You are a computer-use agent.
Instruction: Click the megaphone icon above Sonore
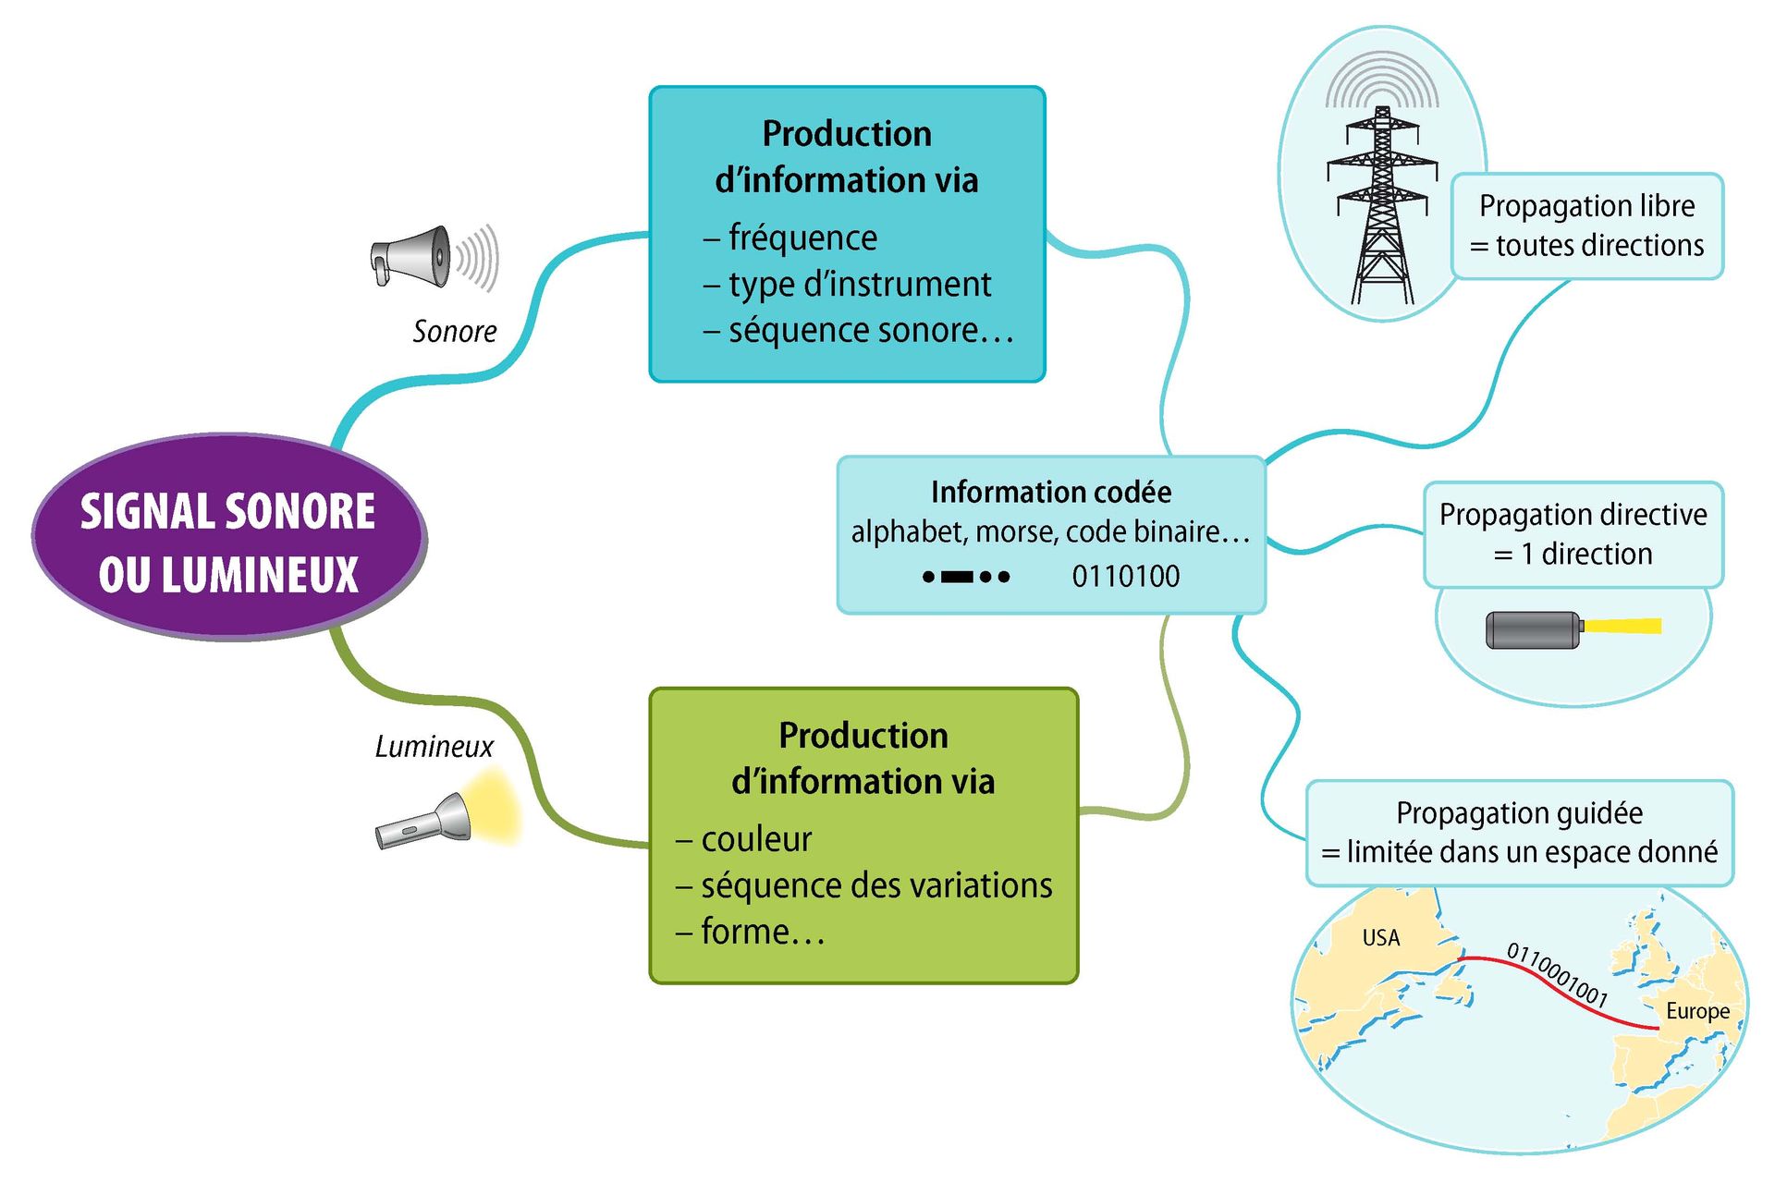pyautogui.click(x=416, y=257)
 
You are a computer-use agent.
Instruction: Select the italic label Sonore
pyautogui.click(x=454, y=331)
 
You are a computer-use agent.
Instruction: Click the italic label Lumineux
pyautogui.click(x=434, y=746)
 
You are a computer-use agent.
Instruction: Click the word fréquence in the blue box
pyautogui.click(x=802, y=238)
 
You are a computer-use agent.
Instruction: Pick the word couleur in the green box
pyautogui.click(x=755, y=839)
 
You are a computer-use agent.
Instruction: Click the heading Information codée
pyautogui.click(x=1050, y=492)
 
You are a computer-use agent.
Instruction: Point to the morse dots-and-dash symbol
pyautogui.click(x=966, y=577)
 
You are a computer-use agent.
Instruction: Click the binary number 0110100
pyautogui.click(x=1125, y=577)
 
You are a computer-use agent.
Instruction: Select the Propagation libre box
pyautogui.click(x=1586, y=226)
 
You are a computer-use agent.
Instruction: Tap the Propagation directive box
pyautogui.click(x=1573, y=534)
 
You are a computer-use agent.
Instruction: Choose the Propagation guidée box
pyautogui.click(x=1519, y=833)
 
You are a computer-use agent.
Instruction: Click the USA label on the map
pyautogui.click(x=1380, y=938)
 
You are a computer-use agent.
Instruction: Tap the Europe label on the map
pyautogui.click(x=1696, y=1011)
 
